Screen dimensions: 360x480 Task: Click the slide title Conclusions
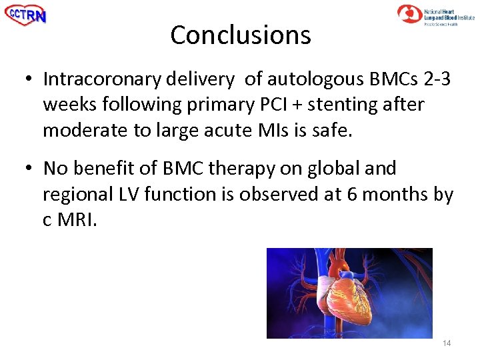tap(240, 35)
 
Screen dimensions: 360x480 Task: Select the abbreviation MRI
tap(77, 219)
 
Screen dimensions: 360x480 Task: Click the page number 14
tap(446, 343)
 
